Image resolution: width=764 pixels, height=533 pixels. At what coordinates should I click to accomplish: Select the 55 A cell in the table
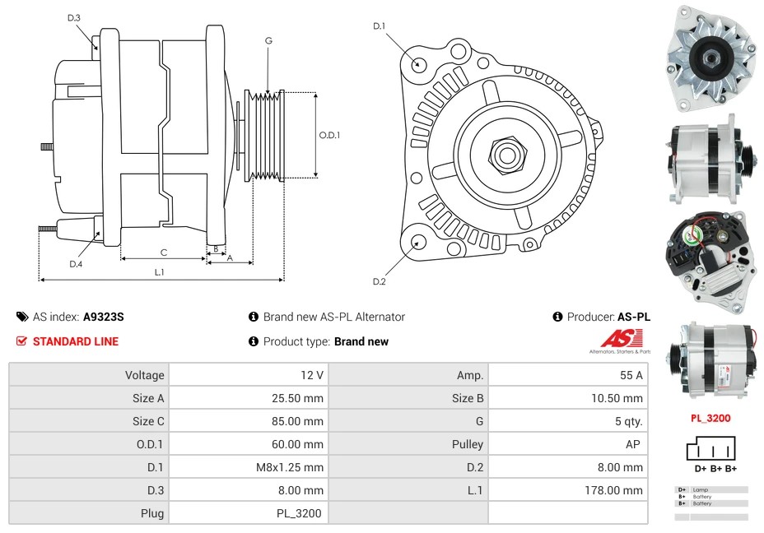(x=631, y=375)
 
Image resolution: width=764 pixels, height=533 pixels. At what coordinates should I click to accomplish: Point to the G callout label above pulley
(x=268, y=40)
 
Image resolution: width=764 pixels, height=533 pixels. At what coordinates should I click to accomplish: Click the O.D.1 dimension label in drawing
(x=329, y=135)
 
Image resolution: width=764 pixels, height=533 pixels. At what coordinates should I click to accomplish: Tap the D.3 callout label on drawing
(x=74, y=17)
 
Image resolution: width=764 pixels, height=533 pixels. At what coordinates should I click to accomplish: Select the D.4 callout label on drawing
(x=76, y=264)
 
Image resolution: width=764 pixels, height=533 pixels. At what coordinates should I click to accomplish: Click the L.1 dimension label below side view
(x=159, y=272)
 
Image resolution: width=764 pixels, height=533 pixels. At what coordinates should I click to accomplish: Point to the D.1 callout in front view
(x=379, y=26)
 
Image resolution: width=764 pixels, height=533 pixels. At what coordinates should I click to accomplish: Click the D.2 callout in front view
(x=379, y=282)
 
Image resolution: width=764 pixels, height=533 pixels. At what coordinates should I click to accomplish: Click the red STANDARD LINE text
(x=75, y=341)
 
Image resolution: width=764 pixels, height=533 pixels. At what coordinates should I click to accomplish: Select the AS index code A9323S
(x=103, y=317)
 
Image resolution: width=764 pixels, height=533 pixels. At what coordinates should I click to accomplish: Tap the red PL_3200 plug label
(x=710, y=418)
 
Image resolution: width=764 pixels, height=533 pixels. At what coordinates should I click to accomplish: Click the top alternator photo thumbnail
(x=710, y=60)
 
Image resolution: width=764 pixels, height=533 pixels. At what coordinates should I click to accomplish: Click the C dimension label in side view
(x=163, y=253)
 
